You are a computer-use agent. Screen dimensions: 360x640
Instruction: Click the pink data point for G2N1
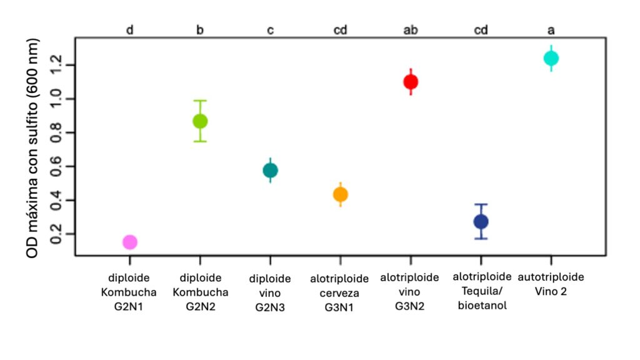point(129,242)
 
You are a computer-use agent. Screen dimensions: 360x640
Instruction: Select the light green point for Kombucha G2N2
point(199,121)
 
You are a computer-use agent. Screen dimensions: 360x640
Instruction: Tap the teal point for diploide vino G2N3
point(270,170)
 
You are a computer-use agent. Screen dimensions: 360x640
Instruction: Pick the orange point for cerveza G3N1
point(340,194)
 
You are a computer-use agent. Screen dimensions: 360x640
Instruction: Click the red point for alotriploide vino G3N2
point(411,81)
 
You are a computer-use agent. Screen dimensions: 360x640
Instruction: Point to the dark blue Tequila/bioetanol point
point(481,221)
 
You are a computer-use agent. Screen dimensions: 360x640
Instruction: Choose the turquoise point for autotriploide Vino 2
point(551,58)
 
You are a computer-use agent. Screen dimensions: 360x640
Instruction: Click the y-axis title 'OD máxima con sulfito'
point(35,149)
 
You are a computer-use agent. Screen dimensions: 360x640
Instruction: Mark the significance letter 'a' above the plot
point(551,29)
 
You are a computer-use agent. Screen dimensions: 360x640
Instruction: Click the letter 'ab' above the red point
point(411,29)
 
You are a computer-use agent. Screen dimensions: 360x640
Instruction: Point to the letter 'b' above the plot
point(199,29)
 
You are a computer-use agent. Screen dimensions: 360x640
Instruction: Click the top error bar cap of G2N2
point(199,100)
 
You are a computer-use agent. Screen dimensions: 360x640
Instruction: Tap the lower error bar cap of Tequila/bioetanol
point(481,239)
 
